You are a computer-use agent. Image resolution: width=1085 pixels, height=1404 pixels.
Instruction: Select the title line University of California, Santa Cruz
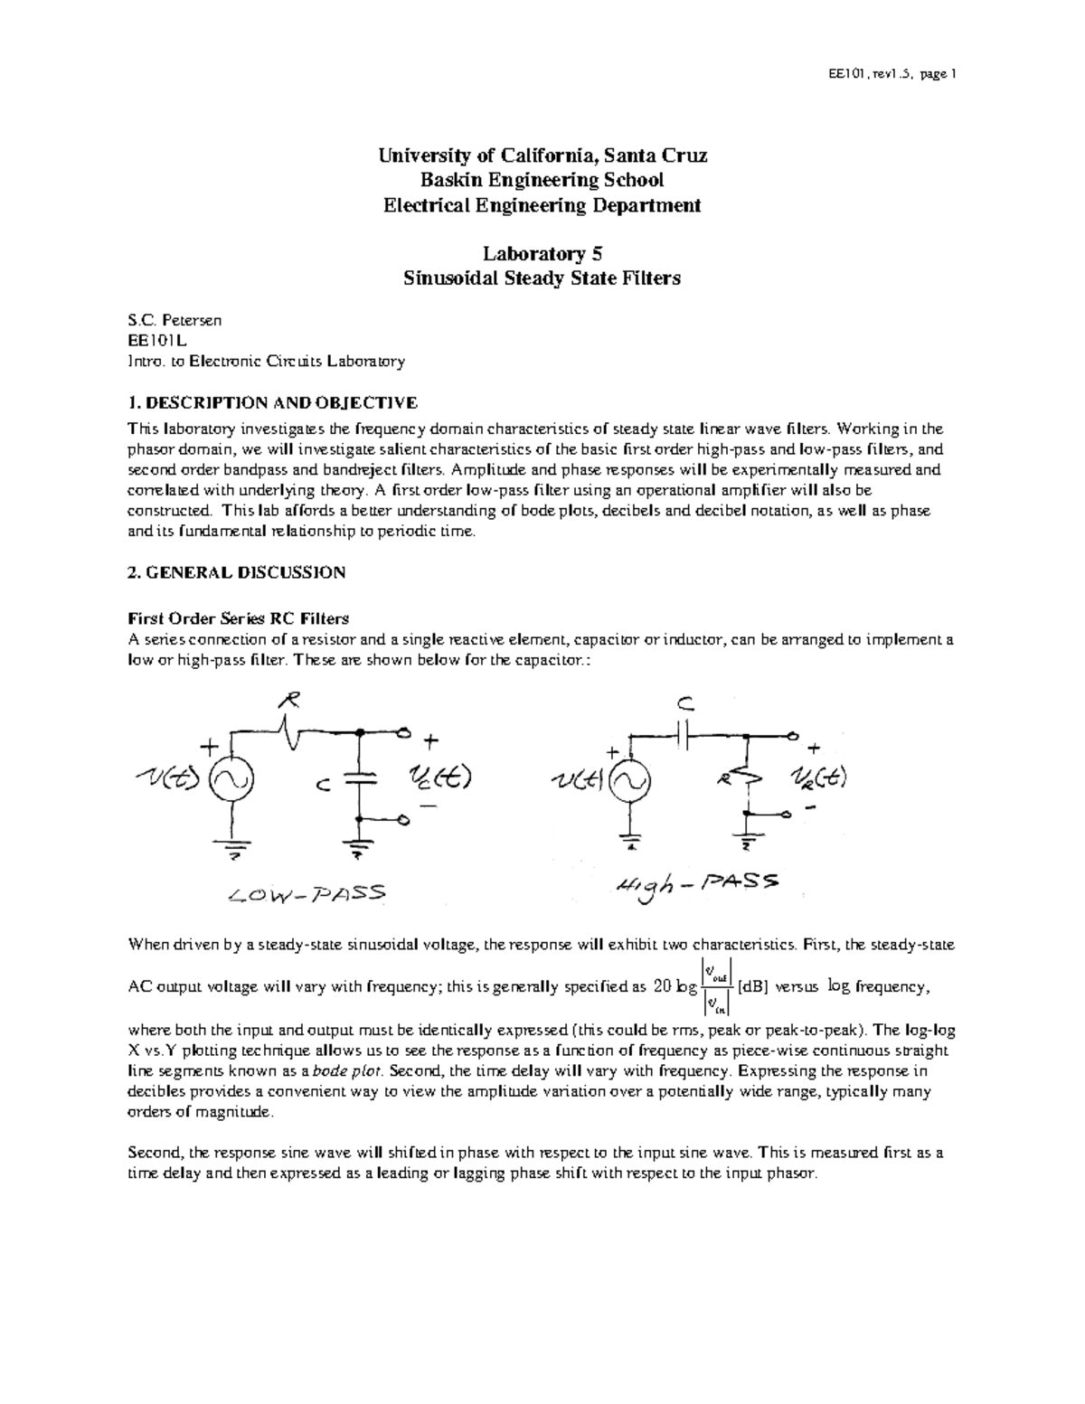[542, 155]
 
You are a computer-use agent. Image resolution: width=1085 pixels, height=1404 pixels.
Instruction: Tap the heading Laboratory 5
[542, 254]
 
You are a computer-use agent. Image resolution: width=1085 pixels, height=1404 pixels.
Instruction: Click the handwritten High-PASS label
[693, 886]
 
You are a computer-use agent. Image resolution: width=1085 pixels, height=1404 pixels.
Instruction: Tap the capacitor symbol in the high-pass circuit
[684, 735]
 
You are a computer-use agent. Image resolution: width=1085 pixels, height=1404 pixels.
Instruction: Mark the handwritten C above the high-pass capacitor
[684, 703]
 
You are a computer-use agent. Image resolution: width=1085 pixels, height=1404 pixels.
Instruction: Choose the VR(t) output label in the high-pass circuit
[818, 778]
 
